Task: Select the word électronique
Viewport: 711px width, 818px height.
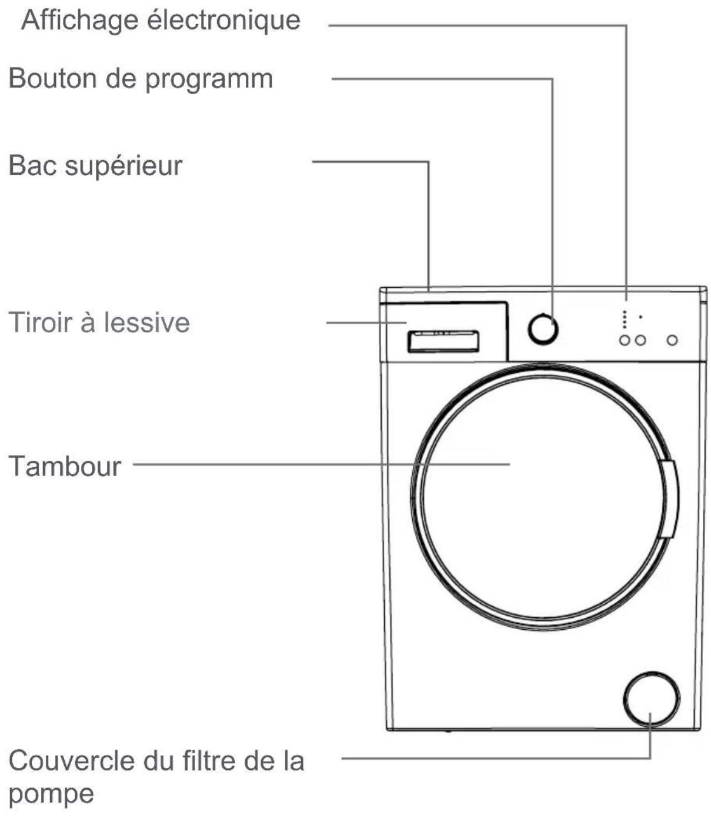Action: click(223, 21)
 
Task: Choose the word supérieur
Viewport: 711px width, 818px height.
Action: click(123, 167)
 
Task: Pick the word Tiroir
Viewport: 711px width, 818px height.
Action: click(41, 322)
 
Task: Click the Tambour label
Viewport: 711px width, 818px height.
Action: click(65, 466)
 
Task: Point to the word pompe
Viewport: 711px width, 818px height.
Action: click(51, 793)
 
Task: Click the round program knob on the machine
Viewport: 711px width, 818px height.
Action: click(542, 329)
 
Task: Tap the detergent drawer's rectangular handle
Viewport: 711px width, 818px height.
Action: click(443, 341)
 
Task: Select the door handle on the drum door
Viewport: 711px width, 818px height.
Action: click(669, 499)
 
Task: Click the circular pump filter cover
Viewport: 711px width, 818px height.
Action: click(650, 699)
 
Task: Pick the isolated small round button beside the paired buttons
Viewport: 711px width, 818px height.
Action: click(672, 340)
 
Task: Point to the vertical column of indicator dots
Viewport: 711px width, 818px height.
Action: click(625, 319)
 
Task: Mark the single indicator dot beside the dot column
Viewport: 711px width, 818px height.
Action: click(640, 317)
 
